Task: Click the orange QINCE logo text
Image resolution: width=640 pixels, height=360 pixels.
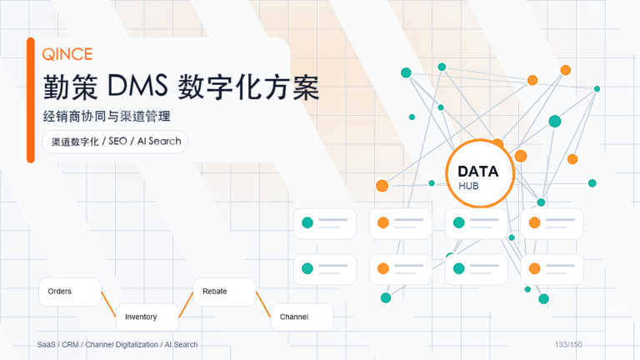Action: pos(67,54)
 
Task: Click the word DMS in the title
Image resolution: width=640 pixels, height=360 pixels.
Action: pos(137,86)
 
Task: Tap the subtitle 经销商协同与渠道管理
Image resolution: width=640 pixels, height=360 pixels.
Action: pos(107,117)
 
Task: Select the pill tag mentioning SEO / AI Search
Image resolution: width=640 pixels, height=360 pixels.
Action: pos(115,142)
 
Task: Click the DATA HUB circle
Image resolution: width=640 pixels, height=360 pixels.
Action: pos(480,173)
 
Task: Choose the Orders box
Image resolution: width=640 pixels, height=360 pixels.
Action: pos(70,292)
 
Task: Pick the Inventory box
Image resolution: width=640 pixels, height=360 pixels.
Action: pos(147,317)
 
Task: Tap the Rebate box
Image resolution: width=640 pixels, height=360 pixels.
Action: pos(224,292)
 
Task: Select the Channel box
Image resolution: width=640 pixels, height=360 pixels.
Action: pos(302,317)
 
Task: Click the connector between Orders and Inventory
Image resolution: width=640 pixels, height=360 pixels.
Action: pos(108,304)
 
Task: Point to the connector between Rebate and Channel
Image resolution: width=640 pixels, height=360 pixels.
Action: pos(263,304)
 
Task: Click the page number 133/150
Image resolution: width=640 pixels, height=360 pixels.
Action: pos(568,345)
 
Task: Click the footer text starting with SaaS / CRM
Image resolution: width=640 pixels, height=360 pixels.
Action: pos(117,345)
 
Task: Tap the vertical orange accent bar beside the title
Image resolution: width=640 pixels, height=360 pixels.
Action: pos(31,100)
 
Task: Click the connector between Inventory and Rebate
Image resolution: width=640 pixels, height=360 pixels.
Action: pos(186,304)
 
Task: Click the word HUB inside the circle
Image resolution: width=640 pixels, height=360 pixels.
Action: pos(468,186)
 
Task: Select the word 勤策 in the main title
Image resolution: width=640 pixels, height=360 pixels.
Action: pos(71,87)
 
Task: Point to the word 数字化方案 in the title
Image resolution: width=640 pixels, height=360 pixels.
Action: pos(248,87)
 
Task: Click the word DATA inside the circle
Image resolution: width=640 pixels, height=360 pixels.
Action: pos(478,172)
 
